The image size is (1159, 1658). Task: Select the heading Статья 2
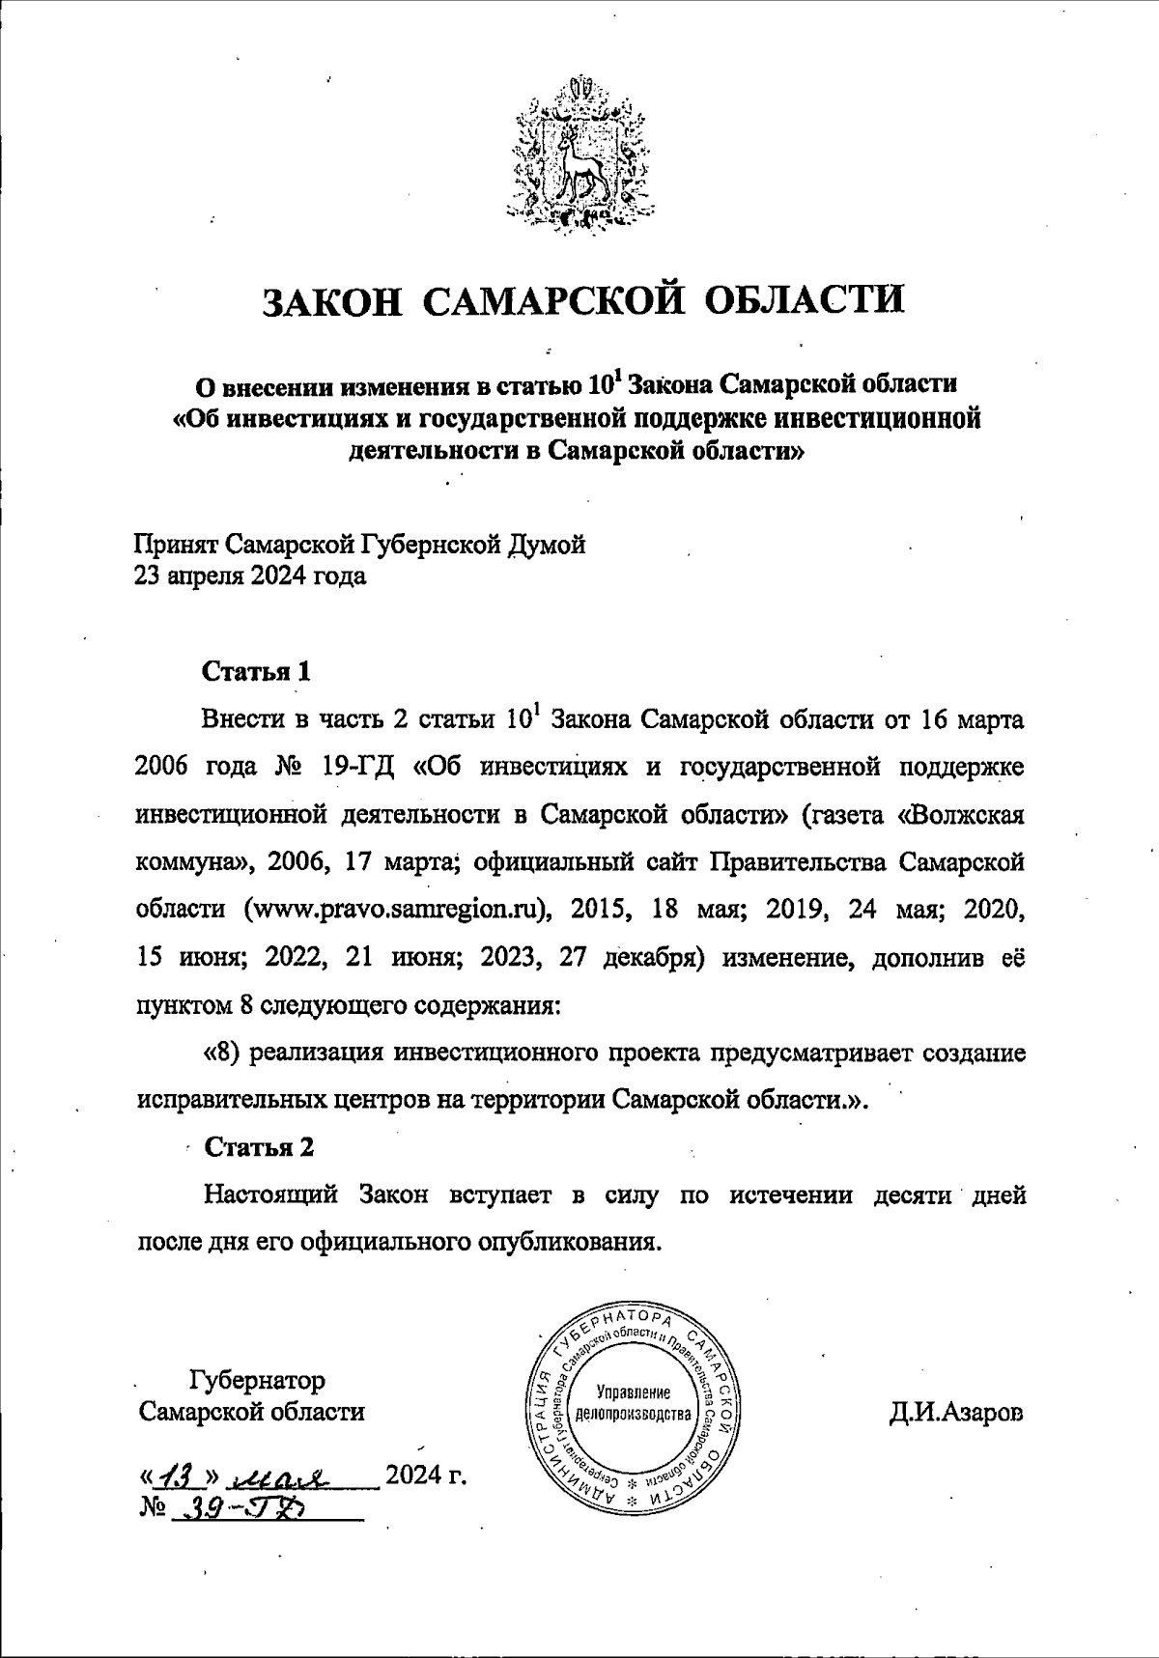[x=259, y=1147]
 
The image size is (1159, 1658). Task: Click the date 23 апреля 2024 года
[x=250, y=577]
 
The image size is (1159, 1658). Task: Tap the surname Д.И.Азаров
[x=955, y=1413]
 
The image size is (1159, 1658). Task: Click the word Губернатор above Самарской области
[x=258, y=1379]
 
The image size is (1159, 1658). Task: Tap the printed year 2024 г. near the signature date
[x=425, y=1475]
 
